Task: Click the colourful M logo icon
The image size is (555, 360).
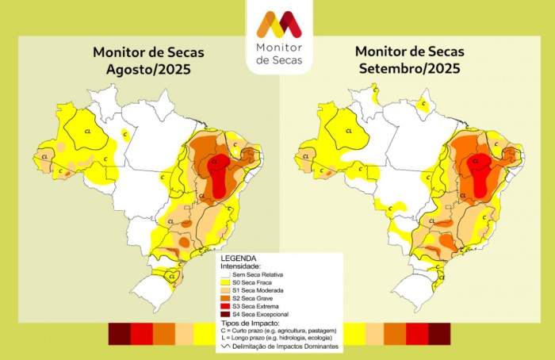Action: (277, 24)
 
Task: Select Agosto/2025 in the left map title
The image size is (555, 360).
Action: (148, 69)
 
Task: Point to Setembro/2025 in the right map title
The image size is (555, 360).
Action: (410, 69)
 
